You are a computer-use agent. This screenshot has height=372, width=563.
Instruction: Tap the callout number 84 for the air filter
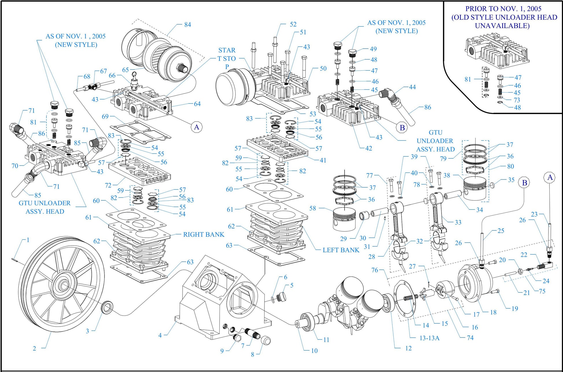[187, 25]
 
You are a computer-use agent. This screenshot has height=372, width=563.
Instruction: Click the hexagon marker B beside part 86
[402, 127]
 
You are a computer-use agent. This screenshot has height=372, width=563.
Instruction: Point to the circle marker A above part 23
[550, 177]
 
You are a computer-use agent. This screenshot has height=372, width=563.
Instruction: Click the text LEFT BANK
[341, 250]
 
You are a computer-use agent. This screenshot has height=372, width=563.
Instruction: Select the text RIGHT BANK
[204, 234]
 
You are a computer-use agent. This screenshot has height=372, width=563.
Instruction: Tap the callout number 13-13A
[429, 338]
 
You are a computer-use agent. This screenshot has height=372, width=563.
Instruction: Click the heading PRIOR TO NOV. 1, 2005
[503, 9]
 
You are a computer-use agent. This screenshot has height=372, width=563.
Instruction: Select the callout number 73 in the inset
[517, 100]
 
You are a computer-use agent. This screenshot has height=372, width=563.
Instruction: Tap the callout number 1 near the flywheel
[28, 240]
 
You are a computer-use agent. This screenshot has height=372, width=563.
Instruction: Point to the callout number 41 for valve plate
[323, 160]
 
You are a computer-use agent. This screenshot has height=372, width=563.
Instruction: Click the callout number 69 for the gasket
[105, 116]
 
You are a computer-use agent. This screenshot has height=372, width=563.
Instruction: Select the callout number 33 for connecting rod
[458, 222]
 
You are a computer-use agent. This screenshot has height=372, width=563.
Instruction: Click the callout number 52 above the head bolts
[293, 24]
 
